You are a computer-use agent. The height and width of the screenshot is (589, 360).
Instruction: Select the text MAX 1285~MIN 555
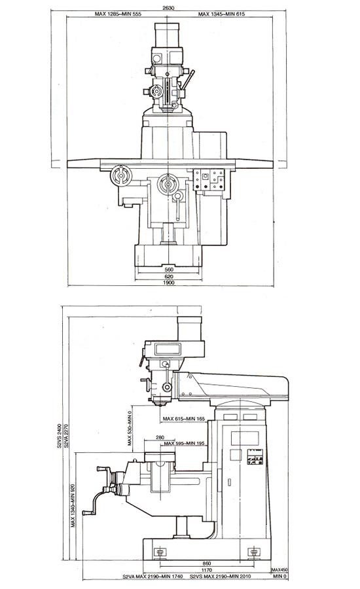click(118, 14)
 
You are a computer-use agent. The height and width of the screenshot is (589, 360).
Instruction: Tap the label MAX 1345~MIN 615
click(221, 14)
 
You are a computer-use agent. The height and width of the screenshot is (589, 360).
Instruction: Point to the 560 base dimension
click(169, 270)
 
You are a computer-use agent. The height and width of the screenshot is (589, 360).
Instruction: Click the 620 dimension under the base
click(169, 276)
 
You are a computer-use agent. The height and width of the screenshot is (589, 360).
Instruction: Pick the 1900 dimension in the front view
click(170, 283)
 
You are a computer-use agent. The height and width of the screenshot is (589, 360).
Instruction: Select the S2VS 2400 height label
click(59, 436)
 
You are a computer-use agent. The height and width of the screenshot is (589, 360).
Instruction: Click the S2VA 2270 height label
click(65, 436)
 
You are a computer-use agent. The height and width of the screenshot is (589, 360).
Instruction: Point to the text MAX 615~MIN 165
click(184, 418)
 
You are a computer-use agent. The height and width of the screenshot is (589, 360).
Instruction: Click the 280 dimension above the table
click(160, 437)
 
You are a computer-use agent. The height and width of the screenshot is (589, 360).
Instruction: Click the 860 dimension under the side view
click(206, 563)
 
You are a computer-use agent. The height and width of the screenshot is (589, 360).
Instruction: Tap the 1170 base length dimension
click(206, 570)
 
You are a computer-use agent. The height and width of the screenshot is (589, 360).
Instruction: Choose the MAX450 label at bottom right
click(280, 569)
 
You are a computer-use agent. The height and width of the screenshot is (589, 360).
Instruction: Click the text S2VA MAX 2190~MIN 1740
click(153, 577)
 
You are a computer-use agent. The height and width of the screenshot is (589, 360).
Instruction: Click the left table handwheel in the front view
click(121, 176)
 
